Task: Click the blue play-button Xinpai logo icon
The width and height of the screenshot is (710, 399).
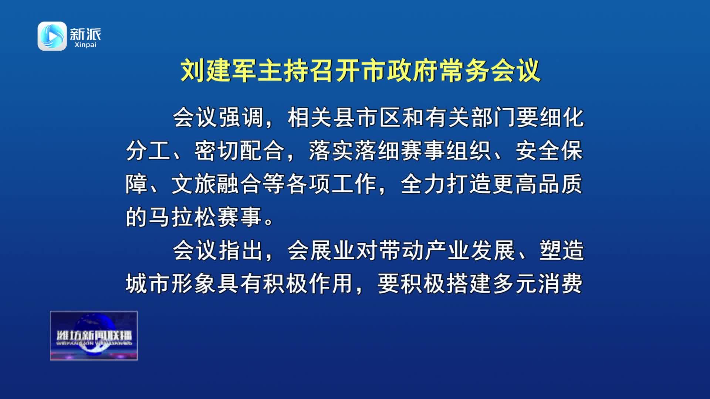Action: (x=52, y=36)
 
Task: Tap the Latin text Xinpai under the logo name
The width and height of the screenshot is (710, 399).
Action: (x=85, y=45)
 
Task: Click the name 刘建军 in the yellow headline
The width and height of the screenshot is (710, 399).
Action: (x=219, y=70)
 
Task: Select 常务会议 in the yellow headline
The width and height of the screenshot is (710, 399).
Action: (x=490, y=70)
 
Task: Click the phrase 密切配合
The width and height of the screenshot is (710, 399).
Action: (x=240, y=151)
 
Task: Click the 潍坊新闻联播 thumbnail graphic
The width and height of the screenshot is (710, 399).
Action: (x=94, y=336)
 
